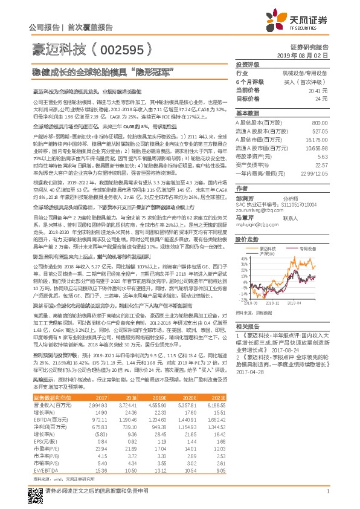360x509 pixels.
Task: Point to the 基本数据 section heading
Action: [248, 113]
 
